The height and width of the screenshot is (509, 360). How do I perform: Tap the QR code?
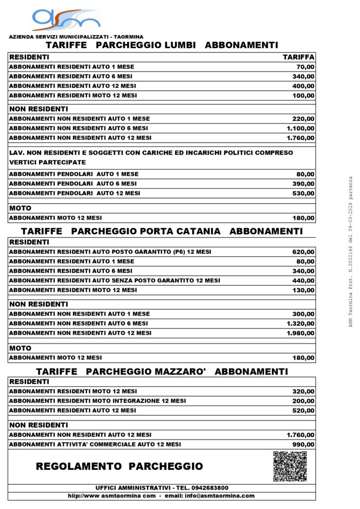click(290, 466)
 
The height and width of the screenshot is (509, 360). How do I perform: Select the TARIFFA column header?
click(298, 57)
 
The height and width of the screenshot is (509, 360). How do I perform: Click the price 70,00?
click(305, 67)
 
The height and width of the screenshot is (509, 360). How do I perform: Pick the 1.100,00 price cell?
click(300, 128)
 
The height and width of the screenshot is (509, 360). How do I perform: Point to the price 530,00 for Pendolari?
click(303, 193)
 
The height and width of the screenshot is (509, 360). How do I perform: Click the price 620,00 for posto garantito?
click(303, 252)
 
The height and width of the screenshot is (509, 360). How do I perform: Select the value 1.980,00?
click(300, 333)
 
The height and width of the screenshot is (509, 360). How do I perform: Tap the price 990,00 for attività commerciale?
click(303, 444)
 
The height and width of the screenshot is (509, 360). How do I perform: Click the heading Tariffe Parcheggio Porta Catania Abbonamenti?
click(162, 231)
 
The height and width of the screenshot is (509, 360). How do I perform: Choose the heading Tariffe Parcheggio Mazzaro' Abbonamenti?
click(162, 371)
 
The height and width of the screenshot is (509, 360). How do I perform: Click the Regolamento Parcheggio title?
click(119, 466)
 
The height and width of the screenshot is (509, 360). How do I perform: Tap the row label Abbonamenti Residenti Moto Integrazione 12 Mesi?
click(97, 401)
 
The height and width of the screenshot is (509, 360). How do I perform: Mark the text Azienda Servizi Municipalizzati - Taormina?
click(76, 37)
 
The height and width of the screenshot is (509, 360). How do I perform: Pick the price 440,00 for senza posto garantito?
click(303, 280)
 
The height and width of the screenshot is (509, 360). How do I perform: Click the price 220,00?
click(303, 119)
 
